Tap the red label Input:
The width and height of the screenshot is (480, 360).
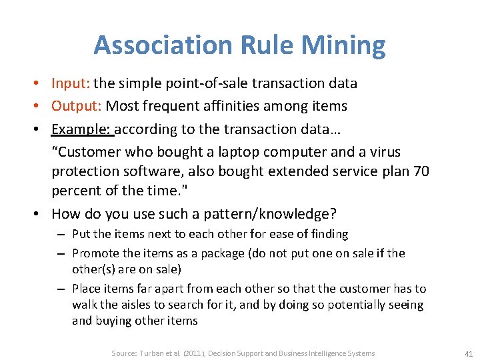point(71,83)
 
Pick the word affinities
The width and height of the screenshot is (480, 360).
point(262,106)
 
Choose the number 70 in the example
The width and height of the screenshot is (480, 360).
point(421,171)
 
